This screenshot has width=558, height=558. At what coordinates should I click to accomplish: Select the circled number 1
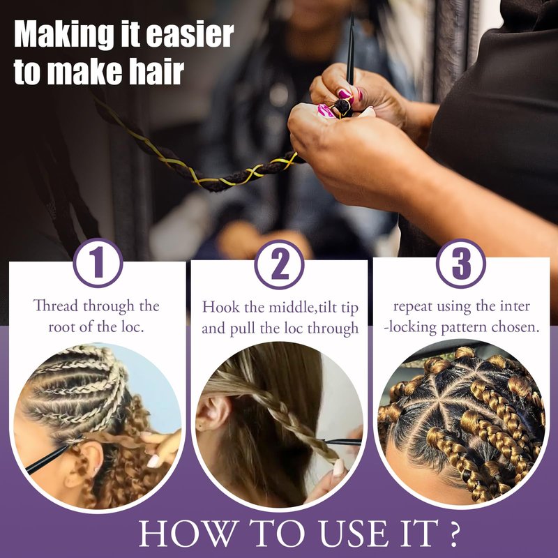click(98, 263)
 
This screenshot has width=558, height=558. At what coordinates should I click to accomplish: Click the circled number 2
click(280, 264)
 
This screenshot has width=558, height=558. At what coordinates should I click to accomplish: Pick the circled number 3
click(461, 264)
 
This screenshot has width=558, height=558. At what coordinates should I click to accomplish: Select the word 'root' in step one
click(62, 326)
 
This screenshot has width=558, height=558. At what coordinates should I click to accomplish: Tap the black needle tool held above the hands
click(351, 50)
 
